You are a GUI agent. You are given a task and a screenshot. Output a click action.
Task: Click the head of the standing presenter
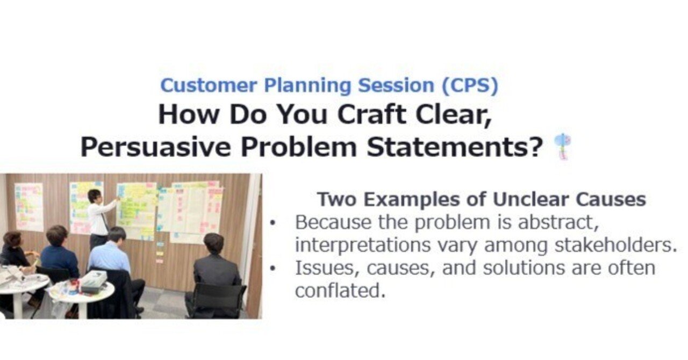tap(95, 196)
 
